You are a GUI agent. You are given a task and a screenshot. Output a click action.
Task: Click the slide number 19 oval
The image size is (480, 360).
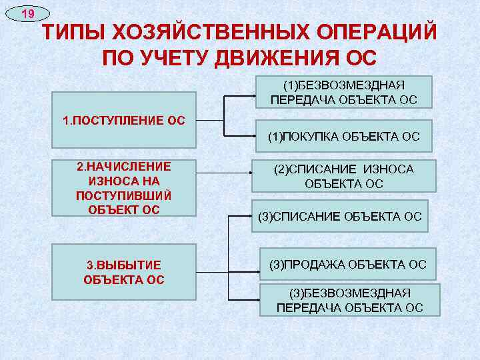pos(26,13)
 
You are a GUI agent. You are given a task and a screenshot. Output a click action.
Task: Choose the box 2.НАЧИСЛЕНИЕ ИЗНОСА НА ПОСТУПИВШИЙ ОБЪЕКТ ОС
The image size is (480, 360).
pos(124,188)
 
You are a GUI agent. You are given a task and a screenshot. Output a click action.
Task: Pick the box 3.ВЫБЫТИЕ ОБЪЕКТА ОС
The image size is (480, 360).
pos(124,271)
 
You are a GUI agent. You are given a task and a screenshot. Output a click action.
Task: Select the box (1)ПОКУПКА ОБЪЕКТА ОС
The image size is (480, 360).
pos(343,137)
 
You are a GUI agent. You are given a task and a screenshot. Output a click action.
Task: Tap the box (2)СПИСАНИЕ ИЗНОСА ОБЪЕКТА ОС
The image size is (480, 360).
pos(343,176)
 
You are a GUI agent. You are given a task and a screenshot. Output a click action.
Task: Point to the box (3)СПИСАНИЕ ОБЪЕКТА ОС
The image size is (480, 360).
pos(339,216)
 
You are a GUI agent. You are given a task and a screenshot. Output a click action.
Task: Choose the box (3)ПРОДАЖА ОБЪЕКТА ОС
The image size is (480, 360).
pos(347,265)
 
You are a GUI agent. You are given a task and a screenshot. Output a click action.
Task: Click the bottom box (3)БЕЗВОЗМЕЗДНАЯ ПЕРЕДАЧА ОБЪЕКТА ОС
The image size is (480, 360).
pos(350,299)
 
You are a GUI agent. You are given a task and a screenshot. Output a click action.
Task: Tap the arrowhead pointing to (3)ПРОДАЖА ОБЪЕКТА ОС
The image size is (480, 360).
pos(257,265)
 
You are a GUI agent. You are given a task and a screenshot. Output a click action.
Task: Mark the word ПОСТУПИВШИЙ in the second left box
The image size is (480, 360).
pos(124,195)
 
